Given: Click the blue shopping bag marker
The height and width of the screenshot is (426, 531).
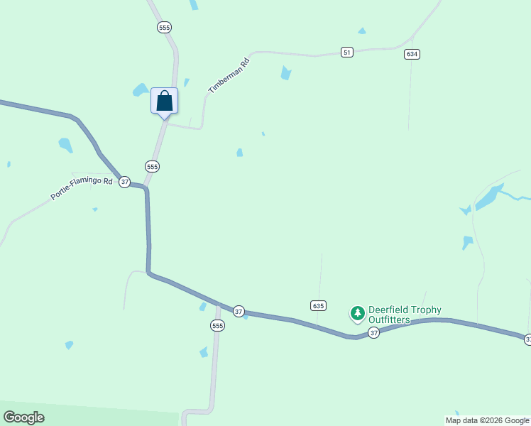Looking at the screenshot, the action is pos(164,101).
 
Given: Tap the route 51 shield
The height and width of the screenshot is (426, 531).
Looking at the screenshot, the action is pos(346,53).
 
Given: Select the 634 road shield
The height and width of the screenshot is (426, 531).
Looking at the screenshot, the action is pos(412,54).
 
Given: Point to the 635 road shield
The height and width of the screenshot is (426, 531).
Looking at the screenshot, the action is pos(318,305).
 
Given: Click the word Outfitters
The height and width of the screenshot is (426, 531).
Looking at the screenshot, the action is pos(389,320).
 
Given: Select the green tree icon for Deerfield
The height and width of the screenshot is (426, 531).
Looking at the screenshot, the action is pos(357,312).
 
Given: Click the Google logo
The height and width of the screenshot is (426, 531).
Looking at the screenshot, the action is pos(23,417).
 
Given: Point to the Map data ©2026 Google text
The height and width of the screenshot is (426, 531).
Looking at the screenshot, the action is pos(487,420).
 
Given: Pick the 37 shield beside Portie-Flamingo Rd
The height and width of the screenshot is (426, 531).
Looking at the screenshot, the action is pos(125,182).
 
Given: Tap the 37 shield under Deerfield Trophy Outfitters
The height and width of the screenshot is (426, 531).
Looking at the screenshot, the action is pos(373,332).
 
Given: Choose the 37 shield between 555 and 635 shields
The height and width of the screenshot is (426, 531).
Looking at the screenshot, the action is pos(239,311).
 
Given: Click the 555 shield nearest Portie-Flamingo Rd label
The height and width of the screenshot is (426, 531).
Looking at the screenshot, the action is pos(152,166).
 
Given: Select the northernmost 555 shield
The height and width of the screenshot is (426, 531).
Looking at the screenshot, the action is pos(165,27).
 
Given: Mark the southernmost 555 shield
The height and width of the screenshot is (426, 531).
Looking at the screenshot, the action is pos(217,325).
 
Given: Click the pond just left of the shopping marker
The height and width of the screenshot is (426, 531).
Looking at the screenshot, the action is pos(140,90).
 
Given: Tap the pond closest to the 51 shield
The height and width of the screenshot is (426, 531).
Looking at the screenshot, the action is pos(285,72).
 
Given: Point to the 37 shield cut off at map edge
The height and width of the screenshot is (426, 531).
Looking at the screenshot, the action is pos(527,340).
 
